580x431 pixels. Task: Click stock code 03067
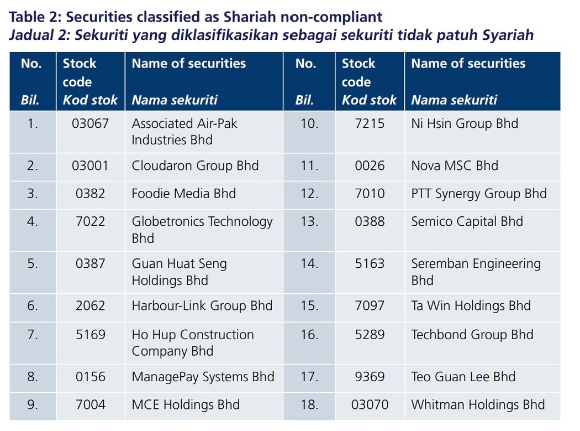90,123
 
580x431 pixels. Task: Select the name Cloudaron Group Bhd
195,165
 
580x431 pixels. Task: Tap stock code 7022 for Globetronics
90,222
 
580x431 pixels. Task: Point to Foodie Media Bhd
183,194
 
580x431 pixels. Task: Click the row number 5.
33,264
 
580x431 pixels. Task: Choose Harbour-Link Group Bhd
202,306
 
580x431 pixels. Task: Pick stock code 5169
90,335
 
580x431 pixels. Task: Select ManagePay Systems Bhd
203,377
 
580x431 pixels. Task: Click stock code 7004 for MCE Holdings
90,404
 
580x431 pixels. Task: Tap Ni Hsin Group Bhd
465,124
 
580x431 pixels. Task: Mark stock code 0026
370,165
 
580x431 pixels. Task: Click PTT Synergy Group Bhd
479,194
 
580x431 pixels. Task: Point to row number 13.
309,222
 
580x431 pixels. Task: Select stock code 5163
370,264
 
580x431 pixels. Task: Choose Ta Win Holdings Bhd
471,306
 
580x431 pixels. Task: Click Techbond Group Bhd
472,335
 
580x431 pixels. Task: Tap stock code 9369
370,377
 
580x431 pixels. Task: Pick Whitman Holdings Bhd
478,404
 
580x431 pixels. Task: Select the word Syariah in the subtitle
508,35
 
